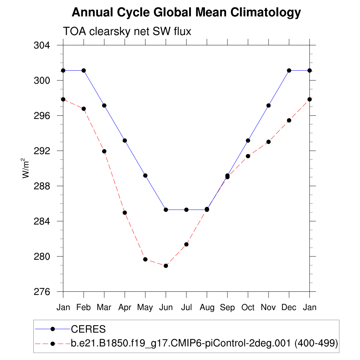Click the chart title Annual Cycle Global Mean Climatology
(x=186, y=13)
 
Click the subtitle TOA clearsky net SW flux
(x=127, y=32)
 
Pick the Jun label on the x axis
(x=166, y=308)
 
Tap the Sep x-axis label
(x=227, y=308)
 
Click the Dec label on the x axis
(x=289, y=308)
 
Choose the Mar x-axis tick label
(x=104, y=308)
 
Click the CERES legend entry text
(x=88, y=329)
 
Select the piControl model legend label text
(x=204, y=343)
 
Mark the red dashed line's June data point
(x=166, y=266)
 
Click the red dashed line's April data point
(x=125, y=213)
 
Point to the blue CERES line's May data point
(x=145, y=175)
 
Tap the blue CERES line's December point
(x=289, y=70)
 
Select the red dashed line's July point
(x=186, y=244)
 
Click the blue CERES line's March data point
(x=104, y=105)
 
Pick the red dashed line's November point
(x=269, y=142)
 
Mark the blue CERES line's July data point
(x=186, y=210)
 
